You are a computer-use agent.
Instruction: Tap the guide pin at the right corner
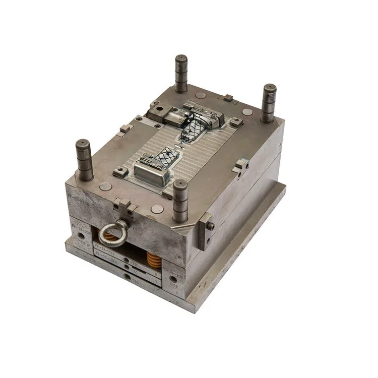point(269,103)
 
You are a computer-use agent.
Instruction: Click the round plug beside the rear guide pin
point(201,95)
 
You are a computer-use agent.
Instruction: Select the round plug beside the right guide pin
point(247,112)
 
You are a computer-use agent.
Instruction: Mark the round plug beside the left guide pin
point(105,186)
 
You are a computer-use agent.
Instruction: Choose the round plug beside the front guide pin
point(157,209)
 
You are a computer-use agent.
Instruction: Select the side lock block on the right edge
point(241,166)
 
